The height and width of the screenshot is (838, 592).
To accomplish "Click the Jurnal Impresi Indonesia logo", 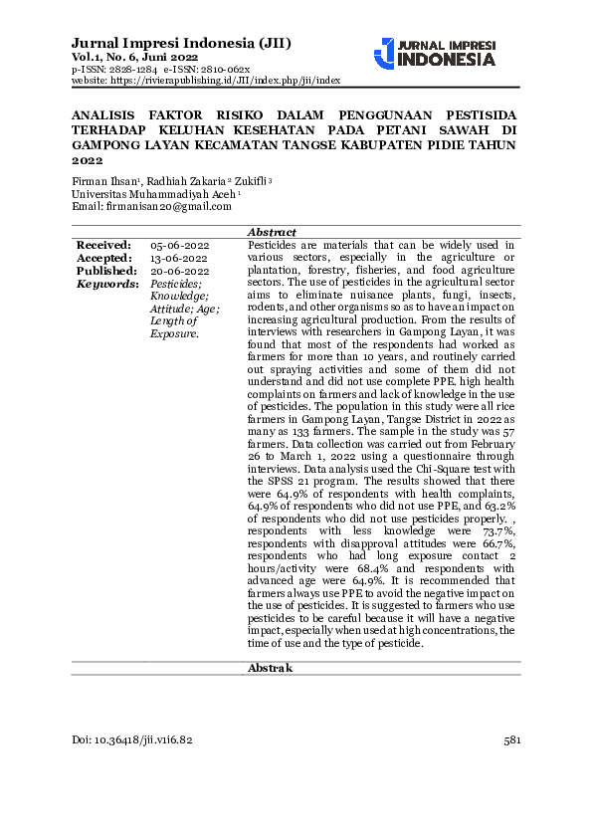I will click(435, 53).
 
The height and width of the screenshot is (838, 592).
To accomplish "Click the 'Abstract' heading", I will click(270, 231).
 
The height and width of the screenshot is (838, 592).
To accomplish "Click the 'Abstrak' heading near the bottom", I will click(270, 668).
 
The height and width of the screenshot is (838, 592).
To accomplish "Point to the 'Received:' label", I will click(103, 244).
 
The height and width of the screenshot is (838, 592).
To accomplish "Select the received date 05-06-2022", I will click(179, 245).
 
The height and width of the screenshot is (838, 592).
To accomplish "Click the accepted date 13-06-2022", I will click(179, 258).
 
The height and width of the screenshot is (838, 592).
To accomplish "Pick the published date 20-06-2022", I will click(179, 271).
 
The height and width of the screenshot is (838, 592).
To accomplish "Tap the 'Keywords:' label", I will click(107, 284).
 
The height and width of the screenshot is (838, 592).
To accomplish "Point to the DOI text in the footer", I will click(133, 740).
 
